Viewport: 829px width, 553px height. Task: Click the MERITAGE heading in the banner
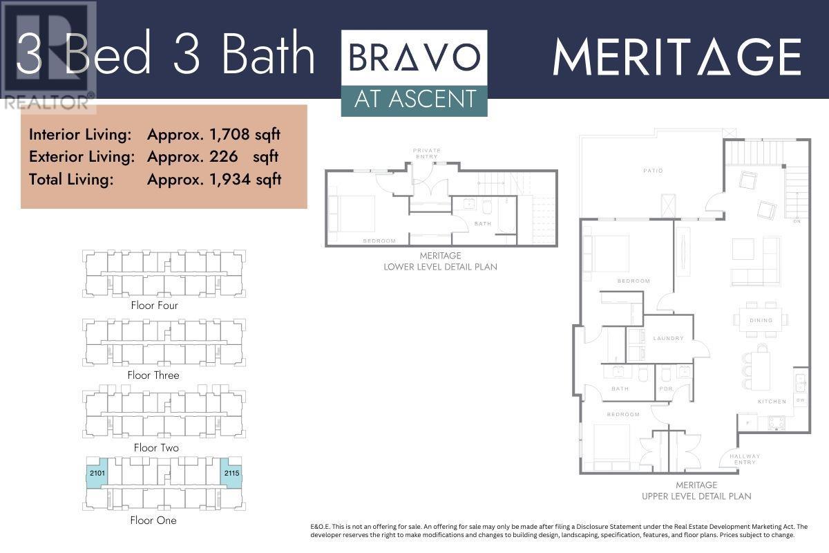[677, 57]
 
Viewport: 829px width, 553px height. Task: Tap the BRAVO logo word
[414, 57]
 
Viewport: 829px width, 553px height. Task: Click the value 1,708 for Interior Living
[229, 135]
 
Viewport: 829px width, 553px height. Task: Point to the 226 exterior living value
[224, 157]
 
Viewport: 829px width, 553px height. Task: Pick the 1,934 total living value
[230, 180]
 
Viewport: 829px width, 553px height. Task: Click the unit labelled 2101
[97, 473]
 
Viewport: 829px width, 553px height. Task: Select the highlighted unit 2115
[231, 473]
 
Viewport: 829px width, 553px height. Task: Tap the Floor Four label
[154, 306]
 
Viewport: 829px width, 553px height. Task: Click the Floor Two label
[156, 448]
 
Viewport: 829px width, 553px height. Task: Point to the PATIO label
[653, 171]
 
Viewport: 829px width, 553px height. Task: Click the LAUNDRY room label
[669, 338]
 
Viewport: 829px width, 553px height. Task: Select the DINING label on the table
[761, 320]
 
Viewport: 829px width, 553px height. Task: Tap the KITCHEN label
[772, 402]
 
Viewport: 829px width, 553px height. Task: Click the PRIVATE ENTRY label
[427, 153]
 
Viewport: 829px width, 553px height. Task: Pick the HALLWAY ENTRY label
[745, 459]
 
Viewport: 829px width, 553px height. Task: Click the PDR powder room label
[666, 389]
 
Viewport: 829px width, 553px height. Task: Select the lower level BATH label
[483, 224]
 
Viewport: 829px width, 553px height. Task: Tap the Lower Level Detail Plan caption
[441, 261]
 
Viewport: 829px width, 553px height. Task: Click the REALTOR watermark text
[47, 102]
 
